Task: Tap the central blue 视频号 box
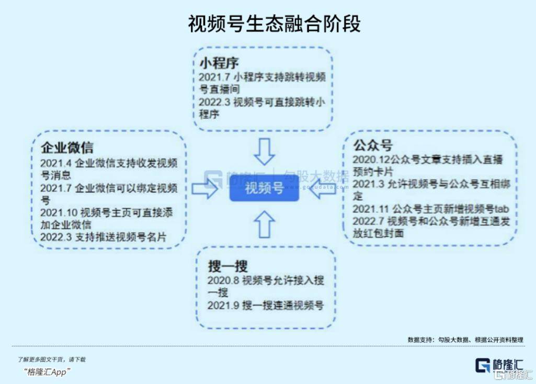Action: (x=264, y=188)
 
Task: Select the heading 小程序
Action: (x=219, y=63)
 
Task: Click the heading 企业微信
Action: (x=67, y=148)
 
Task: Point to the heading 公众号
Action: (x=372, y=144)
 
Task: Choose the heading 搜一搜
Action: (x=227, y=266)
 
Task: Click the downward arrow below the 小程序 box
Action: (x=265, y=152)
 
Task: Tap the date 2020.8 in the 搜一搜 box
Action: (x=222, y=280)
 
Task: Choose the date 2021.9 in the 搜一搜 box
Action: (x=222, y=305)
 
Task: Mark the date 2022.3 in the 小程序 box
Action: (x=214, y=101)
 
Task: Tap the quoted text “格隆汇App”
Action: (x=48, y=371)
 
